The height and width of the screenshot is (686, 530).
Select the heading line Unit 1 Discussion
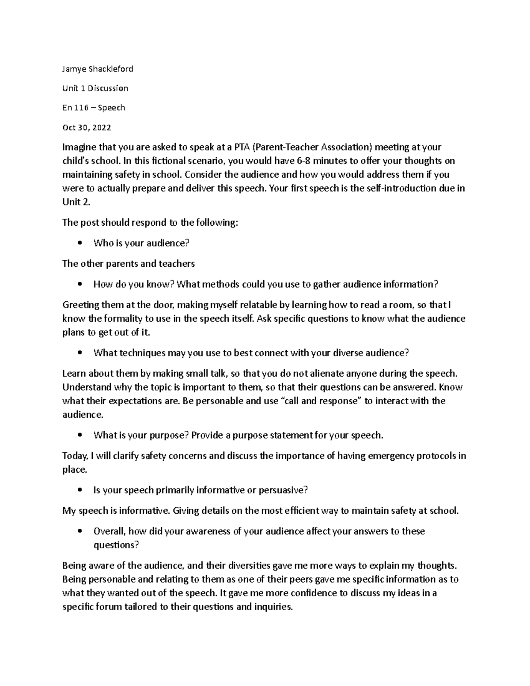click(x=95, y=88)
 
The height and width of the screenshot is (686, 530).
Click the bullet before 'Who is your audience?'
click(x=79, y=243)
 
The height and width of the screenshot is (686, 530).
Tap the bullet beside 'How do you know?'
click(x=79, y=284)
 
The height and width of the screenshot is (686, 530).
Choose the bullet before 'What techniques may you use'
click(x=79, y=353)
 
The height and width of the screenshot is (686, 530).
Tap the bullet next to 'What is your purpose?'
click(x=79, y=435)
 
